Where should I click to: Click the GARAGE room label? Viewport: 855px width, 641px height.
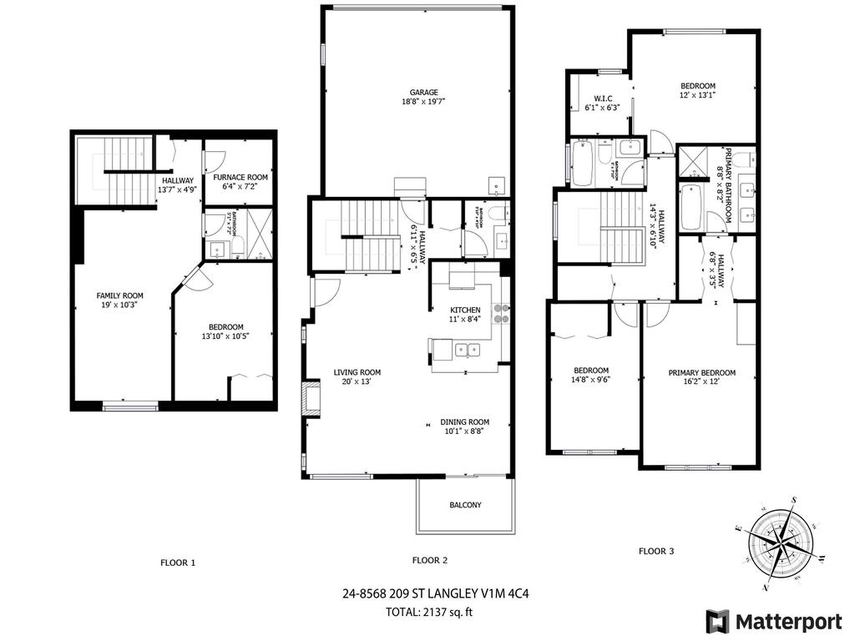tap(423, 93)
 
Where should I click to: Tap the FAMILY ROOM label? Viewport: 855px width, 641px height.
tap(119, 295)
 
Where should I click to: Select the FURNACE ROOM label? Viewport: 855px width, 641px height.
tap(240, 177)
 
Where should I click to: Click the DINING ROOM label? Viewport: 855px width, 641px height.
tap(465, 421)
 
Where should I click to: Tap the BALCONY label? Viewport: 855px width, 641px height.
tap(465, 505)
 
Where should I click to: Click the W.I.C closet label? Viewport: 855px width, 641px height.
tap(604, 97)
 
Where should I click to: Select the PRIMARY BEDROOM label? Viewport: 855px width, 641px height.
tap(701, 373)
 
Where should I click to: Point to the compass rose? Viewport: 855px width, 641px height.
tap(783, 543)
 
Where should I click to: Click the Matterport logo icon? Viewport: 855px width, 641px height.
tap(716, 621)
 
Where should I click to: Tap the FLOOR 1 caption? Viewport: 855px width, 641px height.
tap(178, 563)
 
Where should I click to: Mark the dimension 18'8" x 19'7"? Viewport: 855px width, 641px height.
tap(423, 103)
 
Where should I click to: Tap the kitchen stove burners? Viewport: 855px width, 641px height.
tap(502, 313)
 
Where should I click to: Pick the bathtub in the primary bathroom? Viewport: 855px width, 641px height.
tap(691, 208)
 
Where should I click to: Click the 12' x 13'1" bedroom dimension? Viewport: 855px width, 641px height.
tap(697, 96)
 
